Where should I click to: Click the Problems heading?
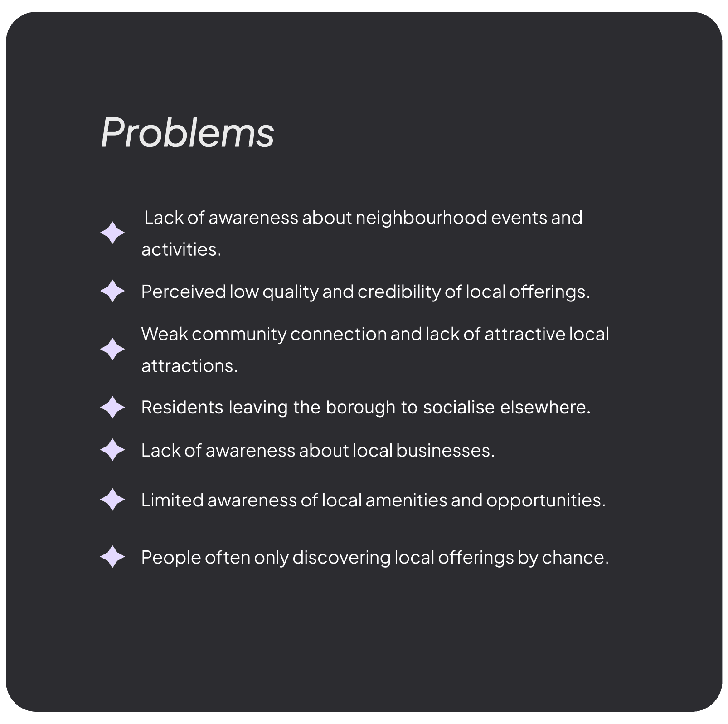pos(187,132)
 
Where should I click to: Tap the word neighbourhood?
pos(421,218)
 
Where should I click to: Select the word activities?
pos(180,250)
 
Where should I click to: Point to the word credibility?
pos(399,292)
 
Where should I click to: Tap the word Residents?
pos(182,408)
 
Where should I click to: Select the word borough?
pos(360,408)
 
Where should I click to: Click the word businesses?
pos(445,451)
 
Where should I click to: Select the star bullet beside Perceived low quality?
pos(112,291)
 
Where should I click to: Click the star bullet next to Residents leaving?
pos(112,407)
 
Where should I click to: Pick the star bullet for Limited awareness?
pos(112,500)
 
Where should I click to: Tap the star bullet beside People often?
pos(112,557)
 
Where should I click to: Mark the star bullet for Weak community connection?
pos(112,349)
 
